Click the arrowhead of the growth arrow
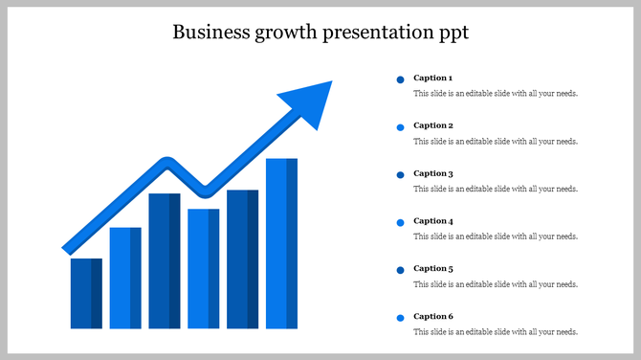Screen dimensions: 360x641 click(x=310, y=100)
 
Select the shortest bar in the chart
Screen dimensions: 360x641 click(x=86, y=293)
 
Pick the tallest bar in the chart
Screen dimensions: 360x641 click(x=281, y=243)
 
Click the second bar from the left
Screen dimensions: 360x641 click(x=125, y=278)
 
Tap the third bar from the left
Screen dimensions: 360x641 click(x=165, y=260)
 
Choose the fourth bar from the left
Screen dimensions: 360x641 click(x=204, y=268)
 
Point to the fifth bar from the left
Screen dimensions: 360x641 click(x=242, y=259)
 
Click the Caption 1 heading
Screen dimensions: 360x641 click(x=432, y=78)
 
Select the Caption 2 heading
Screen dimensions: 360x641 click(x=432, y=125)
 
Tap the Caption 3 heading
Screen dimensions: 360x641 click(x=432, y=173)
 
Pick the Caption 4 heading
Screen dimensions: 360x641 click(x=432, y=221)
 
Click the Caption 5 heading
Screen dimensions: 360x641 click(x=432, y=269)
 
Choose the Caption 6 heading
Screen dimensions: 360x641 click(x=432, y=316)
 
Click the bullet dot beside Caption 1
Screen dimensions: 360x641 click(x=400, y=79)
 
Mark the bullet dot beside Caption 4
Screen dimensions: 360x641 click(x=400, y=223)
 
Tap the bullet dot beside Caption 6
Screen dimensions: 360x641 click(x=400, y=318)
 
